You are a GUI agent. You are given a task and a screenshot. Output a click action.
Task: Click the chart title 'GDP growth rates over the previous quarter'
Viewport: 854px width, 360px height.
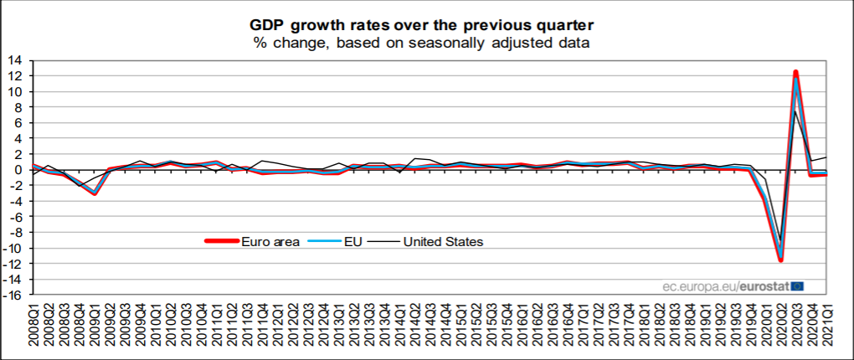[x=427, y=23]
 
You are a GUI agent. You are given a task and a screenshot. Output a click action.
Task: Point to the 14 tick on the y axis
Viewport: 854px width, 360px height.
[x=16, y=60]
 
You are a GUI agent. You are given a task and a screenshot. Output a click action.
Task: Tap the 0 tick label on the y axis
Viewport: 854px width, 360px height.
[x=18, y=170]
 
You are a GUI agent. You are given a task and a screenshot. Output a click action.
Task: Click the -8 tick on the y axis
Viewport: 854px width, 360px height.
[x=16, y=233]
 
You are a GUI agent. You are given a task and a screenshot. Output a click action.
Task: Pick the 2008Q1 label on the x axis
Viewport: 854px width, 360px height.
[x=34, y=328]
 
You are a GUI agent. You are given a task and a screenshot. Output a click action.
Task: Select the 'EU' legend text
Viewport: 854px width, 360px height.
[x=352, y=241]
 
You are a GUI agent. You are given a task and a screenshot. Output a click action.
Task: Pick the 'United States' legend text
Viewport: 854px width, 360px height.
[x=443, y=241]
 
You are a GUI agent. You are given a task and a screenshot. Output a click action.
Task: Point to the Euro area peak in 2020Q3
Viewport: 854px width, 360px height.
[x=795, y=72]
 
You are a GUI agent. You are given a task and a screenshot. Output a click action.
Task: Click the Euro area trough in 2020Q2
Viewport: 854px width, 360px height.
[x=780, y=260]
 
